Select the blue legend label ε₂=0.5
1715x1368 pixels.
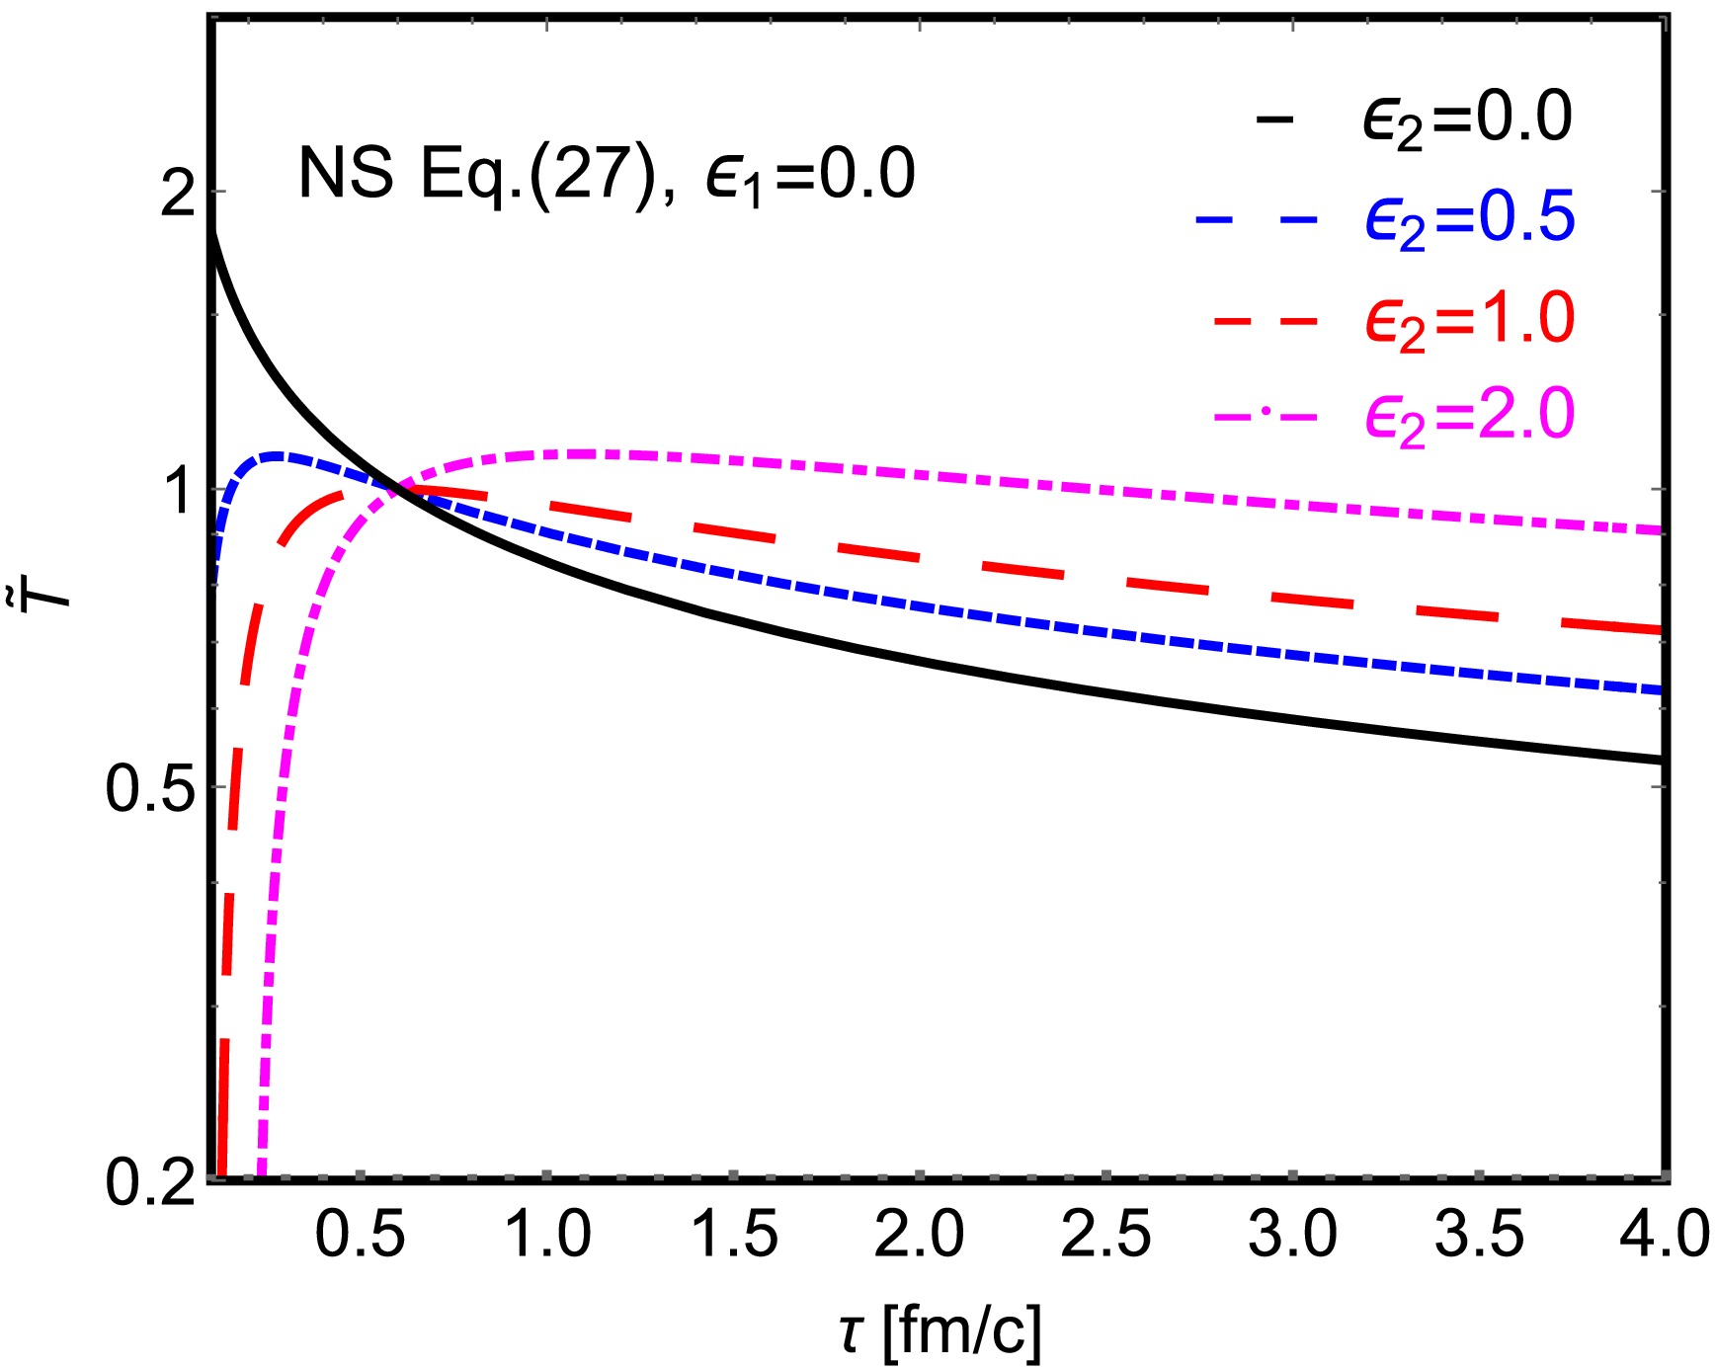(x=1470, y=219)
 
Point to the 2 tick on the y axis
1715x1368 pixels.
(x=177, y=194)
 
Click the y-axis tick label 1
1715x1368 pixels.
(x=178, y=491)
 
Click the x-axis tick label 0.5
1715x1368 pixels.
(x=360, y=1236)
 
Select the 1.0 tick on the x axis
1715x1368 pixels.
(x=547, y=1236)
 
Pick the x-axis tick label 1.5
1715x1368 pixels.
(x=734, y=1236)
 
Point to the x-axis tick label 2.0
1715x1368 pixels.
(x=920, y=1236)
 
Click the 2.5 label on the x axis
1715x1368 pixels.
(x=1106, y=1236)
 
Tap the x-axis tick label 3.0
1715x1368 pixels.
(x=1293, y=1236)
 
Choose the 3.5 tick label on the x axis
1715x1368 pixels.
(x=1479, y=1236)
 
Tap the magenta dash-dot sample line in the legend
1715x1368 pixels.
(x=1266, y=418)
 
